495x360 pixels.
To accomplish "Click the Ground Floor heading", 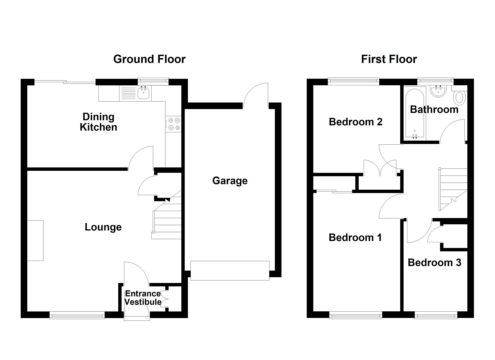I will (x=149, y=59).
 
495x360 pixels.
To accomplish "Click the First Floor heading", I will (x=389, y=59).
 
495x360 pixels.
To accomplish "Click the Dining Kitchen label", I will (x=98, y=122).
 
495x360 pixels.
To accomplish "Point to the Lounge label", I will (x=103, y=227).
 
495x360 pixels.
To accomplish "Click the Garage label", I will (x=230, y=181).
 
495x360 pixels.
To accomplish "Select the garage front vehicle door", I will (x=230, y=270).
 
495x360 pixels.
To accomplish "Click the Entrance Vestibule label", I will (x=143, y=298).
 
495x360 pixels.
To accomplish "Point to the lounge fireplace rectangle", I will (x=35, y=240).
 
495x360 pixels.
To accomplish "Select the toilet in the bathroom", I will (x=460, y=98).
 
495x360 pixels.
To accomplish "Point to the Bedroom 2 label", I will (x=355, y=122).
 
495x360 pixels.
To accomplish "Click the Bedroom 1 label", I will (x=355, y=238).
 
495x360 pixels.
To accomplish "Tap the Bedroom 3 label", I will (x=434, y=263).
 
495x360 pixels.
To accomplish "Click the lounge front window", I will (x=77, y=315).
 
